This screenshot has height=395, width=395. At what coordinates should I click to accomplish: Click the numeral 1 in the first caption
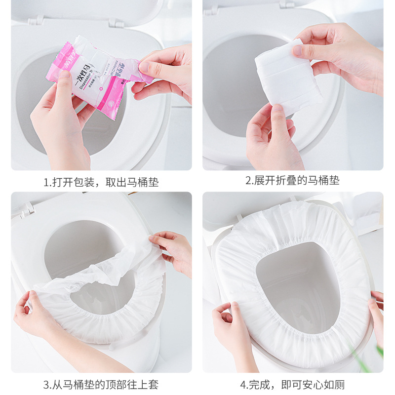coord(45,182)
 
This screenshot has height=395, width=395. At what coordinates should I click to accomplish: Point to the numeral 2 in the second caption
coord(248,181)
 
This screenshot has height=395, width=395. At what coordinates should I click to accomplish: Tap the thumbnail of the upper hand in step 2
coord(298,50)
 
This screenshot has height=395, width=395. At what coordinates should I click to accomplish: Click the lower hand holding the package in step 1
coord(59,123)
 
